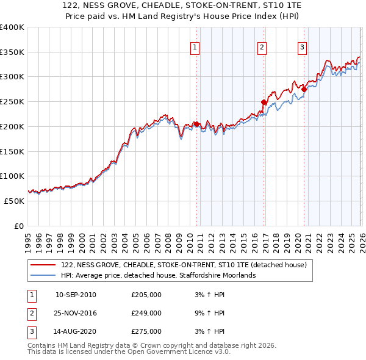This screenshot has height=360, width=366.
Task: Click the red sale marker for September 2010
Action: coord(196,124)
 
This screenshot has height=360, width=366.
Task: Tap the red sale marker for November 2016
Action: coord(264,102)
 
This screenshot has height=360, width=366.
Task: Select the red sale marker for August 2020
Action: coord(304,89)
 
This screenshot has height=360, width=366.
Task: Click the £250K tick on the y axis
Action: coord(12,101)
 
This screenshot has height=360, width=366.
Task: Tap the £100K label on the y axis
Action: coord(12,176)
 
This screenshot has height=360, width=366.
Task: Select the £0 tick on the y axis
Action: coord(18,226)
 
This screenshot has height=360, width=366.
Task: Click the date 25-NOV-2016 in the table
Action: coord(76,313)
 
